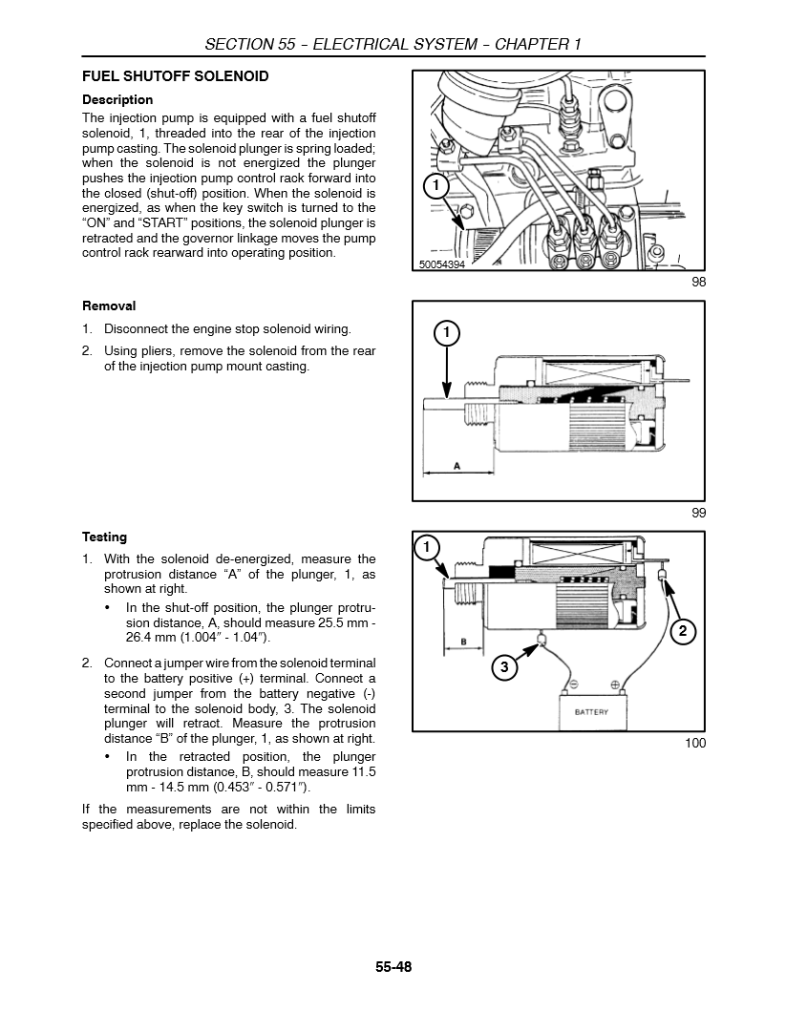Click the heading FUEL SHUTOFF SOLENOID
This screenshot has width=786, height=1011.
tap(176, 76)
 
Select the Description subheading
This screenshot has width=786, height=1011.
tap(117, 99)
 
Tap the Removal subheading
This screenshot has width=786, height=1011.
tap(109, 306)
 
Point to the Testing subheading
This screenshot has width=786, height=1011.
tap(104, 537)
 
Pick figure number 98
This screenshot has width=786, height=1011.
tap(698, 283)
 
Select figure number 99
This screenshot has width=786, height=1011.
tap(698, 513)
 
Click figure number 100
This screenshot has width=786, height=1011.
tap(695, 744)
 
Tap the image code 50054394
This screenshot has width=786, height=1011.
tap(441, 264)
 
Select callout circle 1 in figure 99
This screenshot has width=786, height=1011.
tap(446, 333)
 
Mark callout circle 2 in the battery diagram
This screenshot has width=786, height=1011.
tap(682, 630)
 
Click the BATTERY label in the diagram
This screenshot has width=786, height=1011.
tap(591, 712)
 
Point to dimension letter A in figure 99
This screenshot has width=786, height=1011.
tap(457, 466)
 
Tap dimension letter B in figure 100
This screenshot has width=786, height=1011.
tap(463, 642)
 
